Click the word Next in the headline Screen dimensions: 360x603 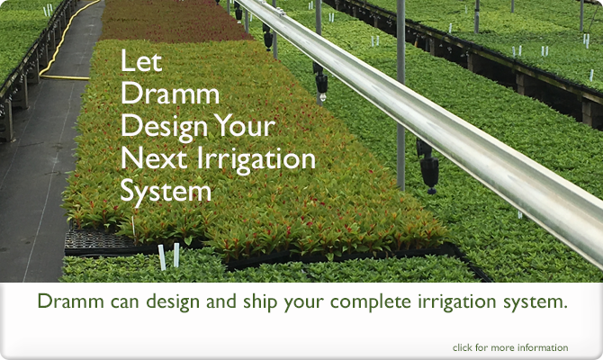148,159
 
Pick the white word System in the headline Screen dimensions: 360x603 166,192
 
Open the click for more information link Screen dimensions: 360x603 510,347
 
